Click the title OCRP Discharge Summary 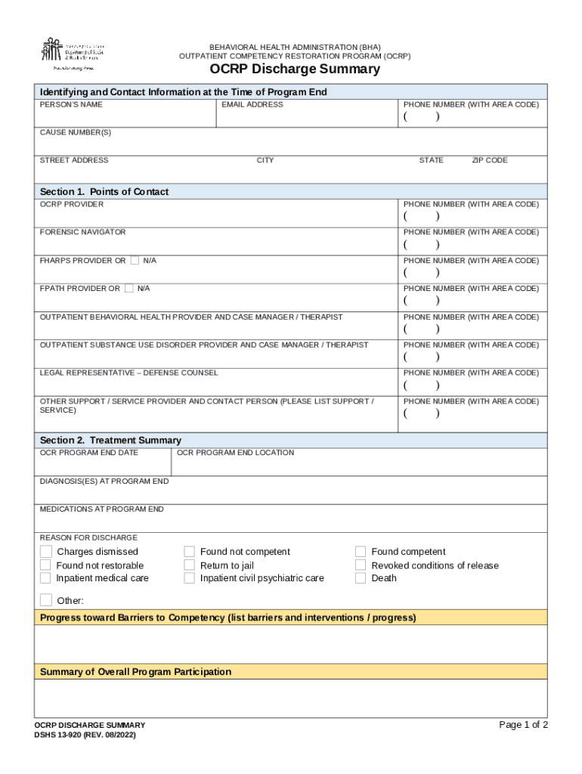(x=295, y=70)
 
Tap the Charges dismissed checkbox (x=46, y=552)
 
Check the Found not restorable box (x=46, y=565)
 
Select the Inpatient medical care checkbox (x=46, y=578)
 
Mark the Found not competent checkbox (x=190, y=552)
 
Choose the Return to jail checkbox (x=190, y=565)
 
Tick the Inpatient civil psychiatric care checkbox (x=190, y=578)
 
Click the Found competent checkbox (x=361, y=552)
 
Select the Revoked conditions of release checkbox (x=361, y=565)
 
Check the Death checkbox (x=361, y=578)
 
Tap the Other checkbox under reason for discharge (x=46, y=601)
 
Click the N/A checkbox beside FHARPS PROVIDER (x=135, y=261)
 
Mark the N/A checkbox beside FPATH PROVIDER (x=128, y=289)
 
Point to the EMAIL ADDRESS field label (x=252, y=105)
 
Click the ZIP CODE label (x=490, y=160)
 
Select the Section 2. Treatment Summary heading (x=110, y=440)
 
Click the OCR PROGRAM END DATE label (x=89, y=453)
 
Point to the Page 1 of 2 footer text (x=523, y=725)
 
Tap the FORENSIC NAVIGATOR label (x=82, y=232)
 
